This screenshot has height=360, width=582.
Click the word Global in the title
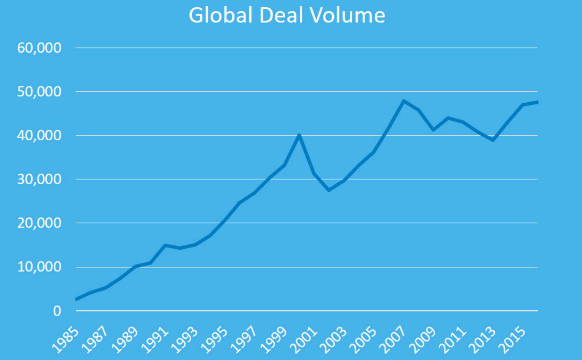[x=221, y=16]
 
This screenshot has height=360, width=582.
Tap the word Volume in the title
[x=347, y=16]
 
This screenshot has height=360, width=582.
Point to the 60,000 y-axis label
[x=39, y=48]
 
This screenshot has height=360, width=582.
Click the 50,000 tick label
[x=39, y=92]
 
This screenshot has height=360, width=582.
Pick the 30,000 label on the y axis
[x=39, y=179]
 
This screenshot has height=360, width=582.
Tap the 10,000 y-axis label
[x=39, y=267]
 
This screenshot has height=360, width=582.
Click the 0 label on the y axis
[x=57, y=311]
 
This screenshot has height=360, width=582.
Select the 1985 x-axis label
[x=65, y=340]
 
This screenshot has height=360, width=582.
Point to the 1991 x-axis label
[x=155, y=340]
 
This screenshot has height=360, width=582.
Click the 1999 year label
[x=274, y=340]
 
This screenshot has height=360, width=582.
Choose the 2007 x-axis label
[x=393, y=340]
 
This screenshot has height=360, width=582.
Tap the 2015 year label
[x=512, y=340]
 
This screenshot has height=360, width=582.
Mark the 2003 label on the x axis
[x=333, y=340]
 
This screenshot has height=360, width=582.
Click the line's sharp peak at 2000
[x=299, y=135]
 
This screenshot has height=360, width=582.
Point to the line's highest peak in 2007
[x=404, y=101]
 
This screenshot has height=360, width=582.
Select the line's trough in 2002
[x=329, y=190]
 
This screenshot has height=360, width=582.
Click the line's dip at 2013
[x=493, y=140]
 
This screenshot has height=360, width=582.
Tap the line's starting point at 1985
[x=77, y=299]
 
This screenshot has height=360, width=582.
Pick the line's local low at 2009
[x=433, y=130]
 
